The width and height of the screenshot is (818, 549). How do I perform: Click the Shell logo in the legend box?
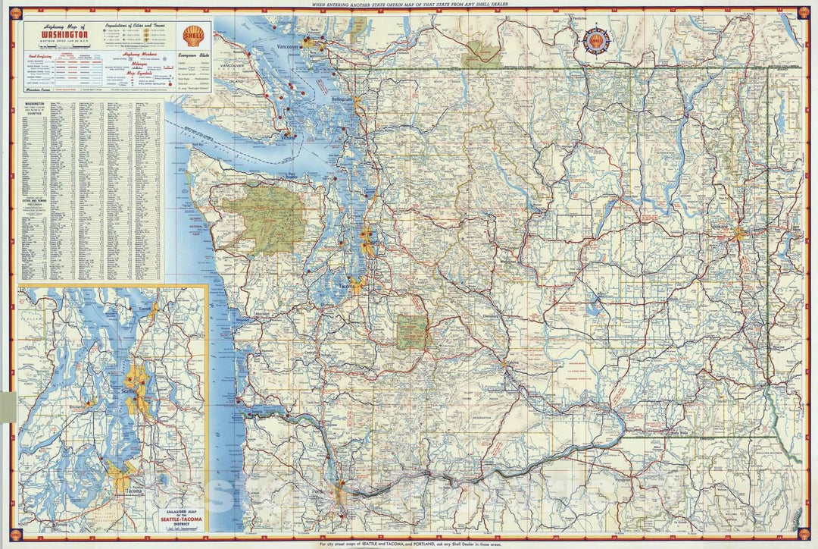point(192,34)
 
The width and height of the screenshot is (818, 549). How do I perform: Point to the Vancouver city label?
point(289,47)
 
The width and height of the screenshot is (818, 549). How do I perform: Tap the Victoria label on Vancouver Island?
point(288,137)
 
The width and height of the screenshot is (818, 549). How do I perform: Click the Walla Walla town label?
point(680,431)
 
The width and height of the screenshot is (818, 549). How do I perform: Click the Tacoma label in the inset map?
point(124,490)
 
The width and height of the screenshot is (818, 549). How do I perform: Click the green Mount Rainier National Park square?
point(413,332)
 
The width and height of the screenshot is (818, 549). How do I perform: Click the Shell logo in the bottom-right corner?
point(804,535)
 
